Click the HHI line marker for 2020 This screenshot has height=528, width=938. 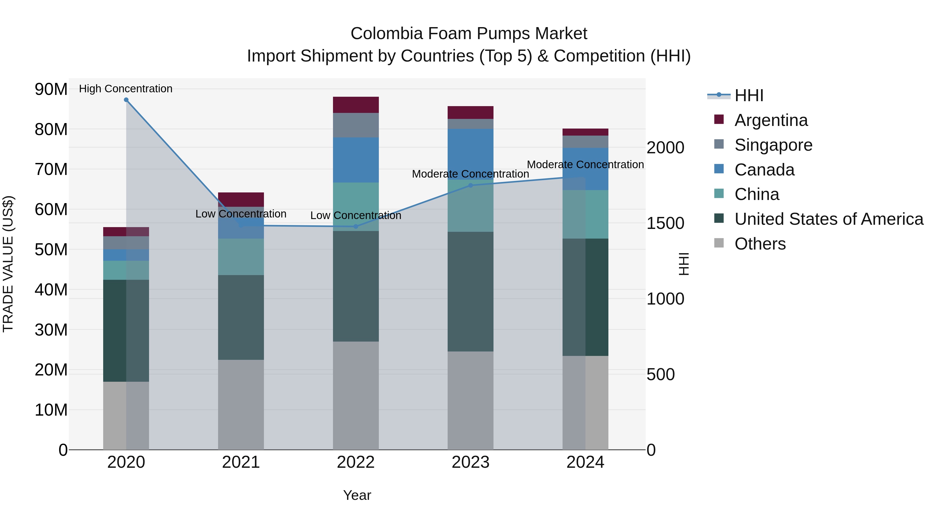126,100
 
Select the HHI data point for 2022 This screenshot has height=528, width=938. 356,227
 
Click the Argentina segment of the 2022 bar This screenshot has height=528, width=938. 356,105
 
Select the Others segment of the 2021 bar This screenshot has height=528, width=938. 241,404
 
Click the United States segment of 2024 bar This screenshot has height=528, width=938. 585,297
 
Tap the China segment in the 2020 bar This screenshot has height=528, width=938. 126,270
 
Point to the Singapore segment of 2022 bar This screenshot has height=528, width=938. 356,125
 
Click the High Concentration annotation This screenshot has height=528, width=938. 126,89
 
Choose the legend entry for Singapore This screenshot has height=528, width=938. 773,145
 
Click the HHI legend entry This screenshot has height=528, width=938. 749,95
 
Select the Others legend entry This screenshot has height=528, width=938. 760,244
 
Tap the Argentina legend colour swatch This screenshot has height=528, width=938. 719,119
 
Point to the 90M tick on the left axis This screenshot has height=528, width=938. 51,89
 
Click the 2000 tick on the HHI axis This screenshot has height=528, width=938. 665,148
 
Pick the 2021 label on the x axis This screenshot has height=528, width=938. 241,462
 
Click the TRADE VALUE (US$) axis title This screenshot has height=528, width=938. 8,264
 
